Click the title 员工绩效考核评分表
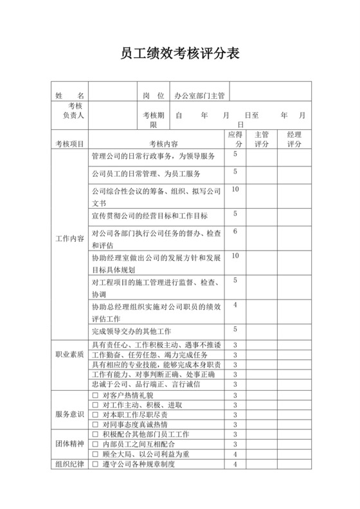pyautogui.click(x=180, y=54)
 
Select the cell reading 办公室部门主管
pyautogui.click(x=199, y=95)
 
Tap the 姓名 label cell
pyautogui.click(x=69, y=95)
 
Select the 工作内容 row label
pyautogui.click(x=69, y=239)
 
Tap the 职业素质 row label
pyautogui.click(x=69, y=354)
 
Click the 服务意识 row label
pyautogui.click(x=69, y=414)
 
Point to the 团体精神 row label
pyautogui.click(x=69, y=444)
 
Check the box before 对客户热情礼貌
pyautogui.click(x=94, y=395)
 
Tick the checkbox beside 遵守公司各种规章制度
pyautogui.click(x=94, y=464)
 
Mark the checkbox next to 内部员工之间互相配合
pyautogui.click(x=94, y=444)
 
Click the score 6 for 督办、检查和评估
pyautogui.click(x=235, y=231)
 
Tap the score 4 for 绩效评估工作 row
pyautogui.click(x=235, y=304)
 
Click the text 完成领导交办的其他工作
pyautogui.click(x=131, y=331)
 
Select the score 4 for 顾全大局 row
pyautogui.click(x=235, y=454)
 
